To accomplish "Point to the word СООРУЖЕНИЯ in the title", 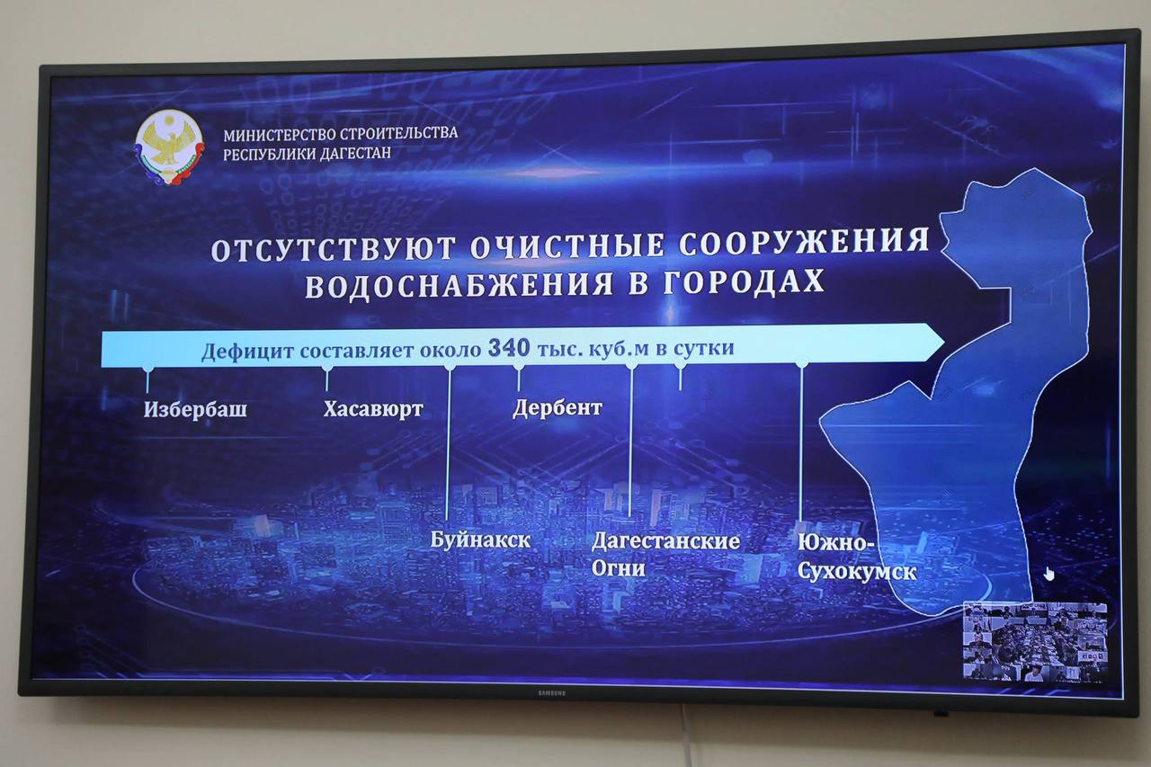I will pos(804,243).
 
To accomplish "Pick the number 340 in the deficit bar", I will pos(508,347).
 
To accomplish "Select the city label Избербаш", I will pos(195,411).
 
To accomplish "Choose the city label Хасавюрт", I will pos(372,410).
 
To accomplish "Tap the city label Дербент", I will pos(557,408).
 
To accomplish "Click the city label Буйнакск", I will pos(480,541).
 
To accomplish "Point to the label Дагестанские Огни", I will pos(665,554).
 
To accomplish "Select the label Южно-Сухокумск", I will pos(856,557).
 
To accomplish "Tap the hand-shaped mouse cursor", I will pos(1049,574).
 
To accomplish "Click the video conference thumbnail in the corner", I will pos(1034,641).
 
